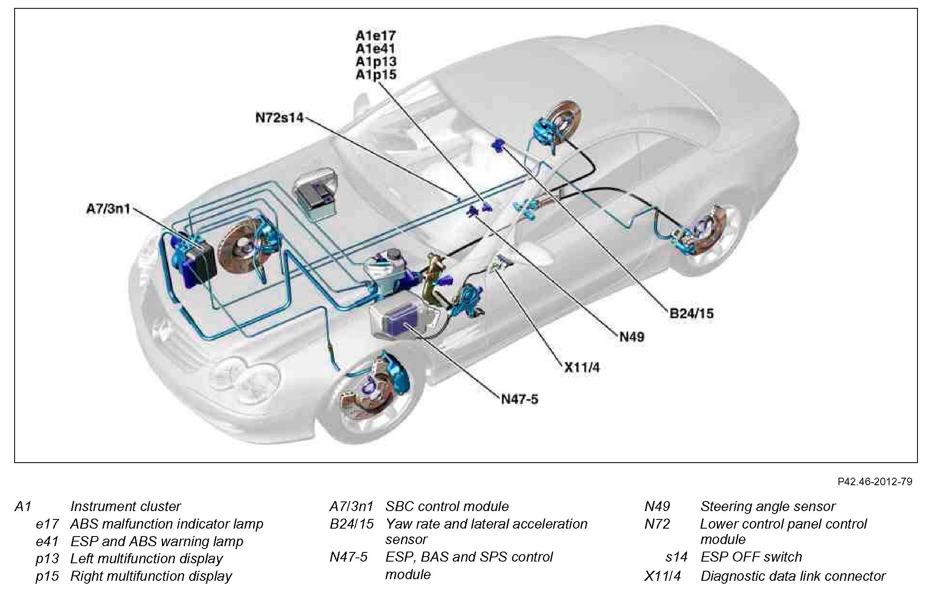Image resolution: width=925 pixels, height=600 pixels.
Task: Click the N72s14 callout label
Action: coord(279,118)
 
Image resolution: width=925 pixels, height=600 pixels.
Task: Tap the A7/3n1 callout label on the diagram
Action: coord(108,208)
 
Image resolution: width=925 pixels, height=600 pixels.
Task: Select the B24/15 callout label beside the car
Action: coord(691,313)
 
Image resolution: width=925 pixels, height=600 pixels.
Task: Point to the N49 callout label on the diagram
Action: coord(631,337)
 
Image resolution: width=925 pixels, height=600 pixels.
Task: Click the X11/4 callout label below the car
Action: coord(582,367)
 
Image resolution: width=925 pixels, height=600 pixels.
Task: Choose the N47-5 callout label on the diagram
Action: coord(520,399)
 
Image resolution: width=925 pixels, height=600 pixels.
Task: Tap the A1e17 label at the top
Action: coord(375,35)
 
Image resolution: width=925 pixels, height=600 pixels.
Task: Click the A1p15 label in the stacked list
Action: coord(375,75)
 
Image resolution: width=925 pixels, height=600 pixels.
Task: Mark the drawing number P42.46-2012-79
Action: coord(875,481)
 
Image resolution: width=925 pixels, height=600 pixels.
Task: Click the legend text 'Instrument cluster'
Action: coord(125,506)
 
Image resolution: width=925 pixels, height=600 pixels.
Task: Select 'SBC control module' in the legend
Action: coord(447,506)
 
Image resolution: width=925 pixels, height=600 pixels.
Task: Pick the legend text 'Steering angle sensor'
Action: coord(768,506)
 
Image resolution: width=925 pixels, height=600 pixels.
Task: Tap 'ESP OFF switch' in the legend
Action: coord(751,557)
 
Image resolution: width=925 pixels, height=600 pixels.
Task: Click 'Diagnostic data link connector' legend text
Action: coord(793,576)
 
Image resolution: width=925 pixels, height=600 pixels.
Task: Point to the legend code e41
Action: coord(47,541)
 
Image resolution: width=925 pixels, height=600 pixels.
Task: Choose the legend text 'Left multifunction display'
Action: coord(146,558)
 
